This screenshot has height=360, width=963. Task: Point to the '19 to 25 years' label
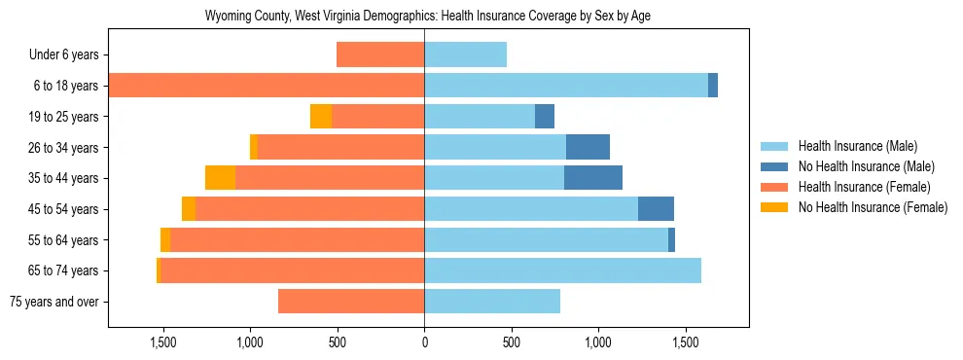coord(65,117)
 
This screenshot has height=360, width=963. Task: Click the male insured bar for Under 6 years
coord(465,54)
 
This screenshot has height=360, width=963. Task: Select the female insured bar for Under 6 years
coord(380,54)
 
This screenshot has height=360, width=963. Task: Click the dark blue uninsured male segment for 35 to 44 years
coord(593,178)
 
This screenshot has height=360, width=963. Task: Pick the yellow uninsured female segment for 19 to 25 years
coord(321,117)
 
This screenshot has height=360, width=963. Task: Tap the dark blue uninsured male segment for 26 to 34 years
coord(588,147)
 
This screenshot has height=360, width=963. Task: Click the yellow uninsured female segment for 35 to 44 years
coord(220,178)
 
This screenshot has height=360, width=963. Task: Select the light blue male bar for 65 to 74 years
coord(562,270)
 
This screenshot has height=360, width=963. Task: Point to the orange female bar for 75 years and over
coord(351,302)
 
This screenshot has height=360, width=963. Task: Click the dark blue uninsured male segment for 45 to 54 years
coord(656,209)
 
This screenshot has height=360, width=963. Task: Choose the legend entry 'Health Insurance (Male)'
coord(857,146)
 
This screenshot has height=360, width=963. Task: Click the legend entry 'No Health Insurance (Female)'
coord(873,207)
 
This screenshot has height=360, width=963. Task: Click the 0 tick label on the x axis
coord(424,342)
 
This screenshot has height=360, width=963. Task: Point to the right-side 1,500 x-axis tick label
coord(685,342)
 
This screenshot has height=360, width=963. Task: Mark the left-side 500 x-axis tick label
coord(337,342)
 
